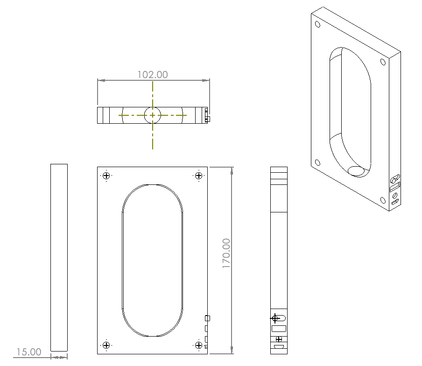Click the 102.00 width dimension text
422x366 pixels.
pos(152,74)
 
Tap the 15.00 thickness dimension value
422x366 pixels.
pos(29,352)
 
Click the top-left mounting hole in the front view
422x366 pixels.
pos(106,176)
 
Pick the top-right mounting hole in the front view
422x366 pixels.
pos(198,176)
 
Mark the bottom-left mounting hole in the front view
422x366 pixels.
pos(106,345)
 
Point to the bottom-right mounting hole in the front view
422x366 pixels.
pos(198,345)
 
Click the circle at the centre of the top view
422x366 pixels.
pos(152,114)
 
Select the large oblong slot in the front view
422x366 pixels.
pos(152,260)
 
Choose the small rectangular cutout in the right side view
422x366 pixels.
pos(279,329)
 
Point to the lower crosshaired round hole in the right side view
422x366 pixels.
pos(279,339)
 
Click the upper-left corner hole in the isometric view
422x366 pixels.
pos(317,24)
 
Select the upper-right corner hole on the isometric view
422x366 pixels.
pos(383,61)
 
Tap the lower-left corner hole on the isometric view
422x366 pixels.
pos(317,162)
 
